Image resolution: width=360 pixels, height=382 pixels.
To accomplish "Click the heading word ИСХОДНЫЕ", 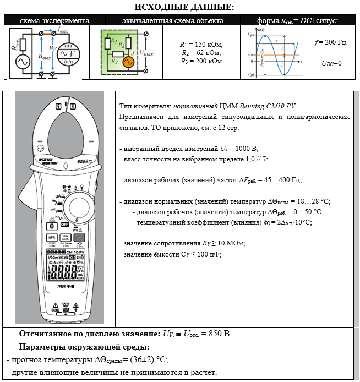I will pyautogui.click(x=160, y=7).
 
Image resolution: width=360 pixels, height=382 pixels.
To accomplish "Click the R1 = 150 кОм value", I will pyautogui.click(x=201, y=45).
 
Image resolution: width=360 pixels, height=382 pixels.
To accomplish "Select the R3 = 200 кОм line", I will pyautogui.click(x=201, y=61).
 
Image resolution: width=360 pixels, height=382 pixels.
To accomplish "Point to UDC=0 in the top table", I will pyautogui.click(x=331, y=63).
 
